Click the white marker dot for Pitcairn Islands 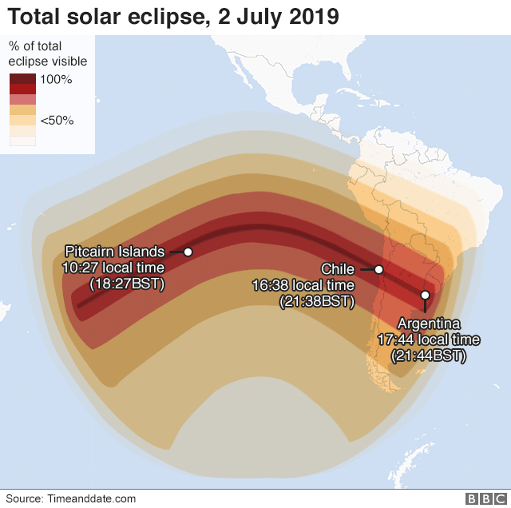tap(188, 252)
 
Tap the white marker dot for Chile tap(379, 270)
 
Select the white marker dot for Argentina tap(425, 296)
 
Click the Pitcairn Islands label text tap(114, 252)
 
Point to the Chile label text tap(338, 270)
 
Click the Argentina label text tap(429, 324)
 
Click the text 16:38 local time tap(303, 285)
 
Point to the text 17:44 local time tap(429, 339)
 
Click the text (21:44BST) tap(429, 355)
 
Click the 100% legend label tap(57, 79)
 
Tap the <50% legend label tap(57, 120)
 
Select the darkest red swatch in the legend tap(22, 79)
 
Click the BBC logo tap(481, 498)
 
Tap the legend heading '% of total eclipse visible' tap(48, 54)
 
